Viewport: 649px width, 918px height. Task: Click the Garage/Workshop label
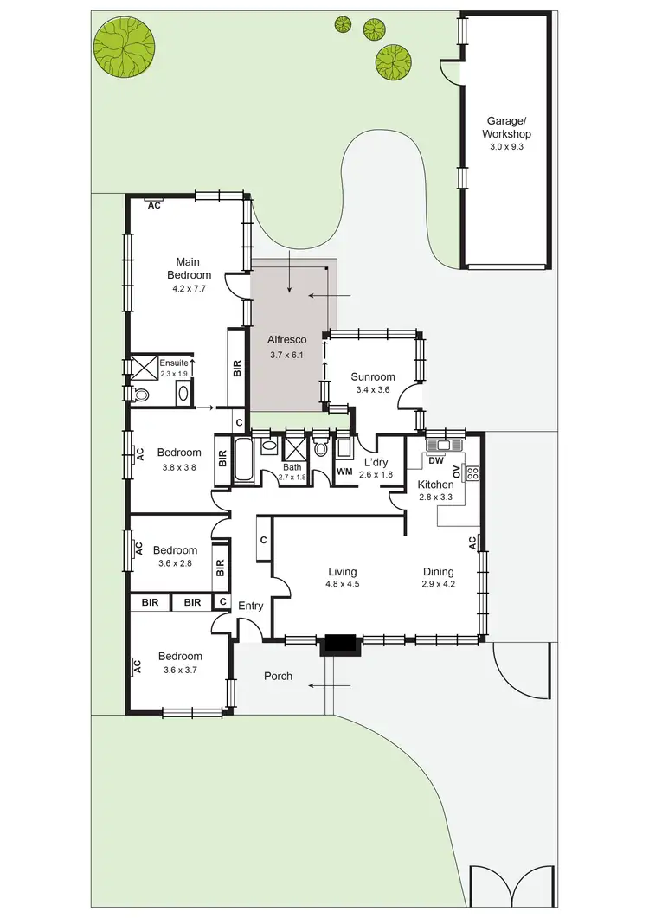(507, 128)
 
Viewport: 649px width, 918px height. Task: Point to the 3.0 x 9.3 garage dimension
(507, 147)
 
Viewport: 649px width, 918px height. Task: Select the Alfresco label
(288, 340)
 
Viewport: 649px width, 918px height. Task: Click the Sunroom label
(373, 376)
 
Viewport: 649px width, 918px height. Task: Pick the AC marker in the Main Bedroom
(155, 205)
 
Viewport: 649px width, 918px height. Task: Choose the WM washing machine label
(344, 472)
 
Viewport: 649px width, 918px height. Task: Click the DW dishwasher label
(436, 460)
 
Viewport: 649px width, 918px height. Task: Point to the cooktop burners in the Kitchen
(472, 473)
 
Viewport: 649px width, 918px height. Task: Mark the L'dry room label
(376, 462)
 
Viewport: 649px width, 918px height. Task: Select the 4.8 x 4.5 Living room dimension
(343, 584)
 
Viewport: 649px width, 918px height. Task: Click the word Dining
(439, 571)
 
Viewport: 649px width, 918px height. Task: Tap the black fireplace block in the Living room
(338, 645)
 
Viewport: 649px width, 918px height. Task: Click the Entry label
(250, 606)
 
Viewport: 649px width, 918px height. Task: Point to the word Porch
(278, 676)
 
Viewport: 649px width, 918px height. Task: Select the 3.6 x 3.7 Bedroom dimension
(180, 669)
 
